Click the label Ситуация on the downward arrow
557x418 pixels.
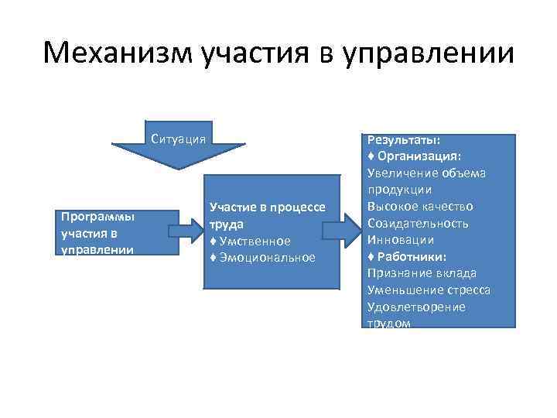pyautogui.click(x=179, y=139)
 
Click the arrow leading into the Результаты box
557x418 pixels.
pyautogui.click(x=340, y=231)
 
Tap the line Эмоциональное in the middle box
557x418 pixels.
pyautogui.click(x=262, y=258)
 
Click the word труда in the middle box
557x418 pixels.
pyautogui.click(x=227, y=224)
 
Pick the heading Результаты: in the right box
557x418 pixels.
pyautogui.click(x=404, y=139)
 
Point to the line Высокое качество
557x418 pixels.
pyautogui.click(x=420, y=207)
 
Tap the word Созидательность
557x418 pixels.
pyautogui.click(x=418, y=224)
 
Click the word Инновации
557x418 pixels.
pyautogui.click(x=401, y=240)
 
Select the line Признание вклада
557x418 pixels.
pyautogui.click(x=422, y=273)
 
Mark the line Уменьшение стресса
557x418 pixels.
pyautogui.click(x=429, y=290)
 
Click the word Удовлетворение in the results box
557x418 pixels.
pyautogui.click(x=416, y=307)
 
